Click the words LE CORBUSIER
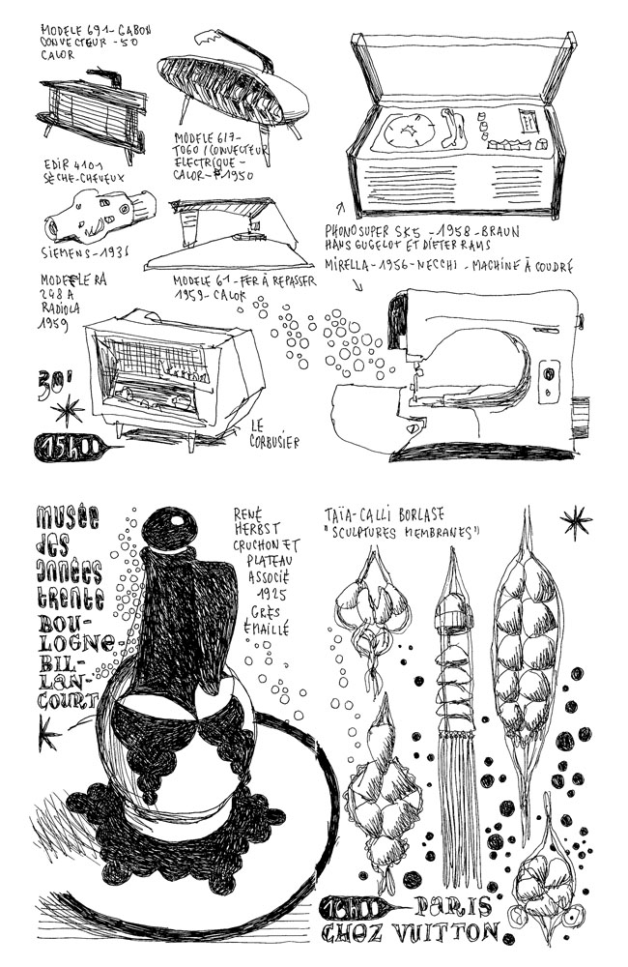(274, 433)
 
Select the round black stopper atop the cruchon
(174, 529)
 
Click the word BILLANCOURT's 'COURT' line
(67, 700)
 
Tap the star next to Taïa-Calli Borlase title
(576, 522)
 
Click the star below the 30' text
(68, 411)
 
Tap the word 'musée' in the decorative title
(67, 517)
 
